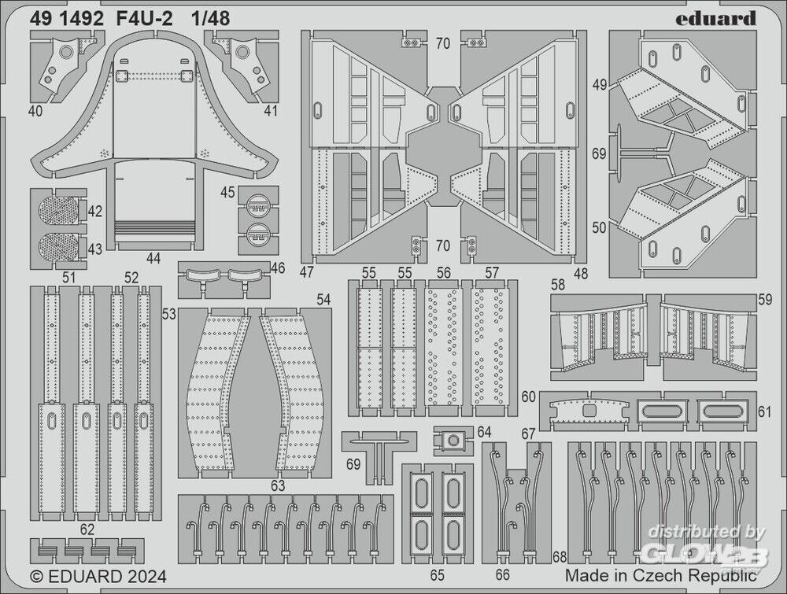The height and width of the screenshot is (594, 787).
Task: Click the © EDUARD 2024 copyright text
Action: click(x=98, y=577)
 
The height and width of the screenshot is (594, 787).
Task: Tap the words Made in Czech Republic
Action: click(x=660, y=577)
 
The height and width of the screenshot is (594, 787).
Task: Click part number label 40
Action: click(x=35, y=111)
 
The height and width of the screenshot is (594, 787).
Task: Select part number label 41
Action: click(x=271, y=111)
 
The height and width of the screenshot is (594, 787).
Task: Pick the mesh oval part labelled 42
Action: click(x=59, y=211)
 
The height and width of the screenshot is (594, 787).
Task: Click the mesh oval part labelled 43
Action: click(x=59, y=245)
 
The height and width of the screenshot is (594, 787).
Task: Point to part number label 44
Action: click(x=153, y=258)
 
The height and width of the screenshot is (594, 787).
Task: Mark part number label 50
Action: click(x=599, y=227)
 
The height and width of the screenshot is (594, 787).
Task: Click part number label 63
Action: click(x=277, y=485)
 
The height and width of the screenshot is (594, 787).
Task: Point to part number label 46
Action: click(x=277, y=268)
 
